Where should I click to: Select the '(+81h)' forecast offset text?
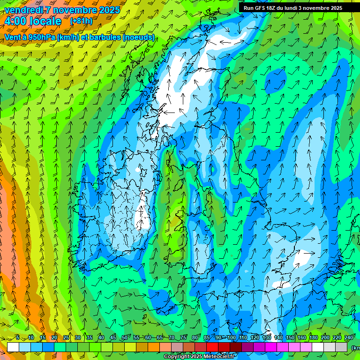point(81,21)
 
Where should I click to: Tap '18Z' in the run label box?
point(272,8)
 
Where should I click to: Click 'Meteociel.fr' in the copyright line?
point(218,357)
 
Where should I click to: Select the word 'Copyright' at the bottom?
point(177,357)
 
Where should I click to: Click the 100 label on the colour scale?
point(232,338)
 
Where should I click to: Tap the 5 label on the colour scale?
point(17,338)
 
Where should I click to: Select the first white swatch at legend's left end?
point(13,347)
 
